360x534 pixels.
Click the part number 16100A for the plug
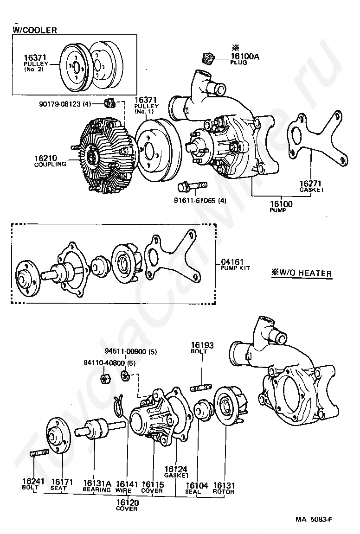click(x=245, y=56)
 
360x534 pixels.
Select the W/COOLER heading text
click(x=35, y=30)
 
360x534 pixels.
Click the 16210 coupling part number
click(x=45, y=158)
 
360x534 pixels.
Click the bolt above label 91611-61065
click(x=192, y=187)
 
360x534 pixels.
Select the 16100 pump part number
click(x=281, y=204)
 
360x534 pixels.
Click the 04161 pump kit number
click(x=232, y=262)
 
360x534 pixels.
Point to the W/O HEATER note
click(x=302, y=273)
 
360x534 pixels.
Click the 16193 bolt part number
click(x=202, y=345)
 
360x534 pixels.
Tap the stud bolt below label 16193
click(x=200, y=388)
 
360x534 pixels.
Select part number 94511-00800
click(x=125, y=351)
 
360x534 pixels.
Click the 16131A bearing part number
click(x=97, y=483)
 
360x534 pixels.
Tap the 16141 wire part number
click(x=127, y=484)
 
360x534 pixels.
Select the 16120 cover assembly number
click(x=128, y=502)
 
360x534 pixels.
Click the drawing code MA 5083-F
click(x=314, y=519)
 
